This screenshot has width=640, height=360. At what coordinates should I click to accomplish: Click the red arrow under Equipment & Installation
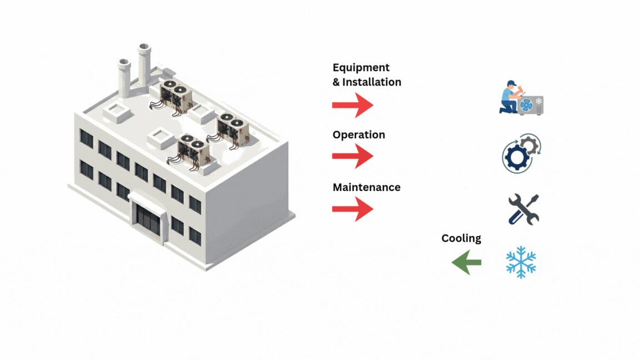[352, 105]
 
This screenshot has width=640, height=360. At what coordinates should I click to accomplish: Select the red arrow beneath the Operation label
[352, 157]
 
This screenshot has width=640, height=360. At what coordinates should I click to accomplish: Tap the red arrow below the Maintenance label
[352, 209]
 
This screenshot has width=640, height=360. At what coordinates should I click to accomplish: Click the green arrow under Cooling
[467, 262]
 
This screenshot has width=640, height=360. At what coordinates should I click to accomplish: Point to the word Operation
[358, 135]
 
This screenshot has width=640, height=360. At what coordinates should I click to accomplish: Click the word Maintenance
[366, 187]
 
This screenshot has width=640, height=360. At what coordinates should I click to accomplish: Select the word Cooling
[461, 238]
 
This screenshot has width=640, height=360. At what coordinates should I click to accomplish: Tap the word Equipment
[361, 68]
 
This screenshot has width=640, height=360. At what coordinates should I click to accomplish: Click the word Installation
[371, 82]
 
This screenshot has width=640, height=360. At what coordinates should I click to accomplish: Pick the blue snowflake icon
[521, 262]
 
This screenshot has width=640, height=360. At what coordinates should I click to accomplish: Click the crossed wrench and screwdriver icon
[523, 209]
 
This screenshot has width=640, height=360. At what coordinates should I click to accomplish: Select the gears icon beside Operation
[521, 153]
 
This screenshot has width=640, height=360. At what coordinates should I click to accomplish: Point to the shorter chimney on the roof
[123, 76]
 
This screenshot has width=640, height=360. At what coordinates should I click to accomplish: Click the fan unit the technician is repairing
[531, 105]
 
